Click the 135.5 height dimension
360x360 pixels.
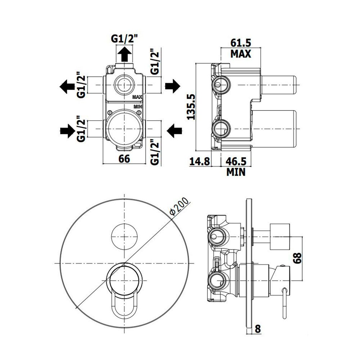coord(191,107)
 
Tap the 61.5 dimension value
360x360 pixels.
coord(241,43)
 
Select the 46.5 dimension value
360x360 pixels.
coord(236,161)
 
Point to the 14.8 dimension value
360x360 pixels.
coord(199,161)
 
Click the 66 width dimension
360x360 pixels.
coord(124,159)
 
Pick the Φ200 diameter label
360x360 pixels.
coord(179,207)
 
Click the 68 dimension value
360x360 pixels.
coord(297,258)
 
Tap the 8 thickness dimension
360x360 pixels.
coord(258,329)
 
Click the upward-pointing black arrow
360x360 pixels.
coord(125,54)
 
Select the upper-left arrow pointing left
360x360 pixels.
coord(67,86)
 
